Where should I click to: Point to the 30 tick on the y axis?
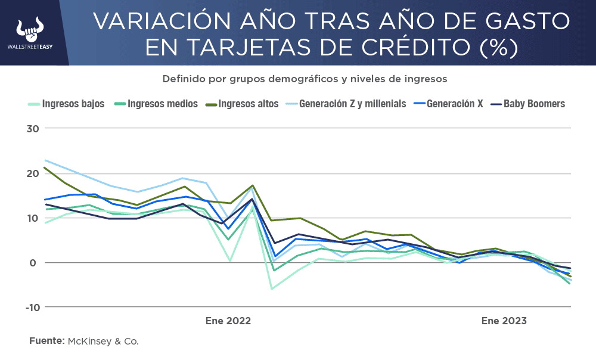[31, 129]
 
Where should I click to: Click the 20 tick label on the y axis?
[31, 173]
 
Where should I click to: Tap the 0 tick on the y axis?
[34, 263]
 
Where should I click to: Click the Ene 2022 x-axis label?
[228, 321]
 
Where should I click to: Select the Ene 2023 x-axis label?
[504, 321]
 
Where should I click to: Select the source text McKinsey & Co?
[103, 341]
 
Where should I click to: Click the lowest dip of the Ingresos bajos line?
[272, 288]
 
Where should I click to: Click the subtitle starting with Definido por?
[305, 79]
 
